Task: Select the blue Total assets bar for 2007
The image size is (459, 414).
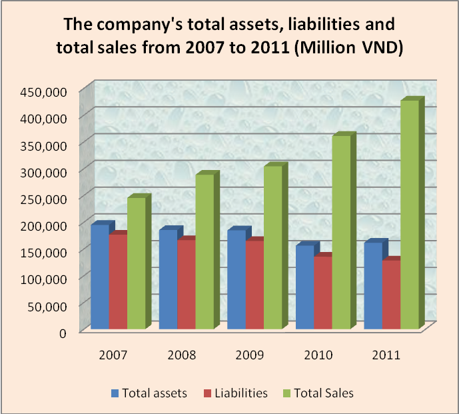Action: click(x=100, y=277)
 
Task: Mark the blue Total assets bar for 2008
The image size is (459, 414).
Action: click(x=168, y=279)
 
